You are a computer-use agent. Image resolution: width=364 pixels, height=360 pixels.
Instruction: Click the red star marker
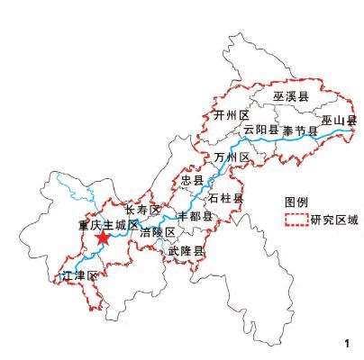pyautogui.click(x=103, y=238)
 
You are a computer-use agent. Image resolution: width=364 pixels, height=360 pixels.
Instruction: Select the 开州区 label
pyautogui.click(x=231, y=116)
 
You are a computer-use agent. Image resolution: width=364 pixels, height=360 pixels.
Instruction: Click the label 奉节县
pyautogui.click(x=300, y=130)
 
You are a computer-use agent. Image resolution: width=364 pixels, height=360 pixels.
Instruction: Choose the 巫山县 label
pyautogui.click(x=339, y=120)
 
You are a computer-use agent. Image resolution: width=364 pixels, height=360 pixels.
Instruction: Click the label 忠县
pyautogui.click(x=192, y=181)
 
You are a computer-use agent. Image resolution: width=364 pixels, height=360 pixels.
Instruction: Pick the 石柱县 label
pyautogui.click(x=226, y=197)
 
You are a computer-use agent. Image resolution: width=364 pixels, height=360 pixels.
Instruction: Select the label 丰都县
pyautogui.click(x=194, y=217)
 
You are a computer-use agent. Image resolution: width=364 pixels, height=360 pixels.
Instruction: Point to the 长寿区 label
pyautogui.click(x=142, y=210)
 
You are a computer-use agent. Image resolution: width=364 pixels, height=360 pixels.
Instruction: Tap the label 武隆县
pyautogui.click(x=187, y=252)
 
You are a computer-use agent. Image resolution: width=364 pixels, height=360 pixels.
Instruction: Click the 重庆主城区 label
pyautogui.click(x=107, y=224)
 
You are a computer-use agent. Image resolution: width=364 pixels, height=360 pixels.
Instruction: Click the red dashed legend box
pyautogui.click(x=295, y=220)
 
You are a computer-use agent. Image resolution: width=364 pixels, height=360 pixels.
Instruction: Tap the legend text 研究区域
pyautogui.click(x=334, y=220)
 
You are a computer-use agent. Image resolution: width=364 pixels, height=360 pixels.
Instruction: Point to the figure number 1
pyautogui.click(x=347, y=343)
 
